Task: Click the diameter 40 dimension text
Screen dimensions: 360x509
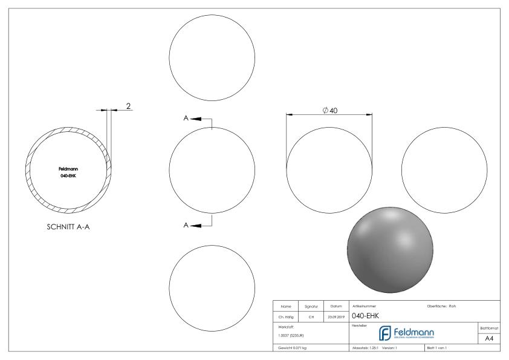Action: click(x=330, y=110)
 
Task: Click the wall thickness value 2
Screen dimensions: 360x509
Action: click(x=128, y=106)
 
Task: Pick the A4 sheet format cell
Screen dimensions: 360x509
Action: click(x=491, y=338)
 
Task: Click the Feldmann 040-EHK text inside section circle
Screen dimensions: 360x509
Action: click(x=68, y=172)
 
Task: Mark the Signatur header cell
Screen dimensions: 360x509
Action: click(x=310, y=306)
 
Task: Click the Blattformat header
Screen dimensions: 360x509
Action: click(x=491, y=327)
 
